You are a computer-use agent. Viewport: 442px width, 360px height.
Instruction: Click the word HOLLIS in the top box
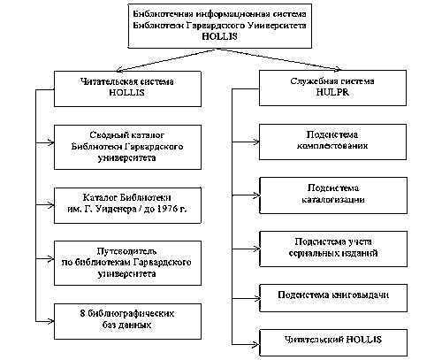click(x=219, y=36)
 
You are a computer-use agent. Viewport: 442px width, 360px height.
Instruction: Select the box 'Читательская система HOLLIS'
click(x=127, y=88)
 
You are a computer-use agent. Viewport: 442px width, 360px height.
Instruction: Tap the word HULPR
click(x=332, y=92)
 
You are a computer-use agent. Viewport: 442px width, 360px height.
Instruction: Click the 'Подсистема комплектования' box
click(x=332, y=142)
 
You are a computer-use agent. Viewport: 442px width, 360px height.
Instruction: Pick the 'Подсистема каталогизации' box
click(x=333, y=195)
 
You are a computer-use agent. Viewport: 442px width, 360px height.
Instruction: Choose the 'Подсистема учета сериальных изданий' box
click(x=333, y=249)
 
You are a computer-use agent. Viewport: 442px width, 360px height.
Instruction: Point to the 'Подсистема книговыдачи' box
click(x=333, y=298)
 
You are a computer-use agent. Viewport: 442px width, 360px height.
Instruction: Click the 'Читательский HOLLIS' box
click(x=333, y=342)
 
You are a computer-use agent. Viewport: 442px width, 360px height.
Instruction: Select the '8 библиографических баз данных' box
click(x=127, y=321)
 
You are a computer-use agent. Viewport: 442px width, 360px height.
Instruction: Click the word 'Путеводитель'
click(x=126, y=251)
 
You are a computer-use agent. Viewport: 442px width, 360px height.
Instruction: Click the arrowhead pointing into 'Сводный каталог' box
click(x=50, y=142)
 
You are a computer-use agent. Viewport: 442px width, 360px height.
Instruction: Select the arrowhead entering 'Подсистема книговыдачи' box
click(x=256, y=298)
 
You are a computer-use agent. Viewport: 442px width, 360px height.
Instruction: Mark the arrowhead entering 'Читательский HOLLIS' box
click(x=256, y=344)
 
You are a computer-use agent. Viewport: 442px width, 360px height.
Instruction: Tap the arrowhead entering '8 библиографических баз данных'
click(x=50, y=321)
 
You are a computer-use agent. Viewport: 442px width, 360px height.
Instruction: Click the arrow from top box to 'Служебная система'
click(x=279, y=59)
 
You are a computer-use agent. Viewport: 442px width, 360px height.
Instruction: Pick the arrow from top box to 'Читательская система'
click(x=167, y=60)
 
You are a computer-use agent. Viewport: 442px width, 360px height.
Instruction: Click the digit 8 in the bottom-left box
click(x=82, y=313)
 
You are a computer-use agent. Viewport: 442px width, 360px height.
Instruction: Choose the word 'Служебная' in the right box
click(x=311, y=81)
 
